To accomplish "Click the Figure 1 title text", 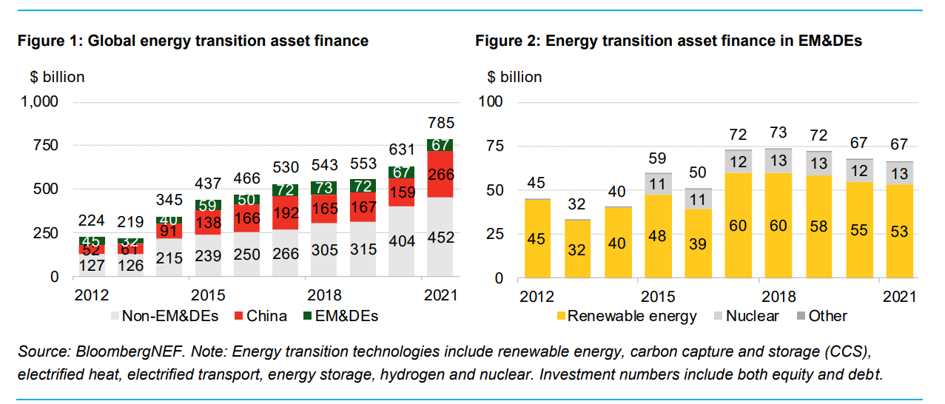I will coord(192,41).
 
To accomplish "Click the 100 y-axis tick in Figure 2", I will coord(492,102).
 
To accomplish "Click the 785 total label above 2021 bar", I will coord(440,123).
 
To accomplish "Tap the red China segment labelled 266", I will coord(440,175).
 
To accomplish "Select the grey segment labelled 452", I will coord(440,238).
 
